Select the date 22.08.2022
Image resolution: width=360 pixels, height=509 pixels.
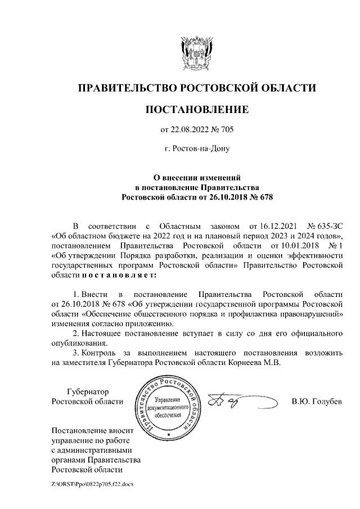[x=191, y=130]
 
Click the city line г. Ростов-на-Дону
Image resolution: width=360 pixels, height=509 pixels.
[x=196, y=149]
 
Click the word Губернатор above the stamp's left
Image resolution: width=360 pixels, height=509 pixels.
[x=87, y=391]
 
